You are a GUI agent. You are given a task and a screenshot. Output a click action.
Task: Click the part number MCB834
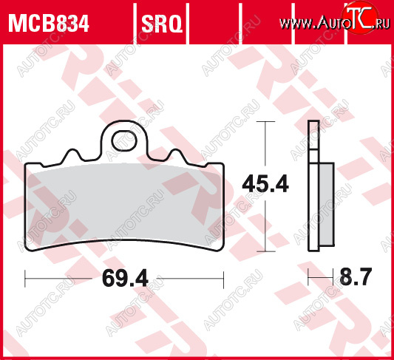(49, 24)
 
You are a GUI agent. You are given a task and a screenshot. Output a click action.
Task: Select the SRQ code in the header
(162, 24)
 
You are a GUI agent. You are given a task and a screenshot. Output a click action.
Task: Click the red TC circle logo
(360, 17)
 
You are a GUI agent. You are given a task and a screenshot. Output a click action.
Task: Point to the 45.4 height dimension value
(265, 185)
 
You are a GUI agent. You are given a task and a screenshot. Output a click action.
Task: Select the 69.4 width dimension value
(125, 279)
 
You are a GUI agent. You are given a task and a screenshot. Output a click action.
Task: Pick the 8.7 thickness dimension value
(356, 276)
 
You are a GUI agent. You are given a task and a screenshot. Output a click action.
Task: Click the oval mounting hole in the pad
(124, 140)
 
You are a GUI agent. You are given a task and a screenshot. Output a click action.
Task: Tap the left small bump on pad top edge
(72, 155)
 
